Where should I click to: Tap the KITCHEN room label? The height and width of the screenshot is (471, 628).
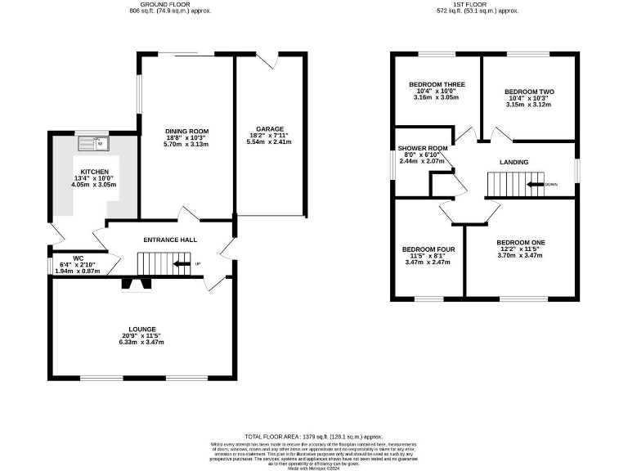(94, 172)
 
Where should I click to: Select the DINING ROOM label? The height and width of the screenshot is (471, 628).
(187, 131)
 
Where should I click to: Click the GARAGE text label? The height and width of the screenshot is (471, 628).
(269, 129)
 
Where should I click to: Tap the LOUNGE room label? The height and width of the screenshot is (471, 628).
(141, 329)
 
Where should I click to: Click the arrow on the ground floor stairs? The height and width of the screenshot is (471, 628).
(180, 263)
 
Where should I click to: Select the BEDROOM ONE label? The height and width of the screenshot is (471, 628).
(520, 243)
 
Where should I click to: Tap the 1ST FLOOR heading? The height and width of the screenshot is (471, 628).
(477, 4)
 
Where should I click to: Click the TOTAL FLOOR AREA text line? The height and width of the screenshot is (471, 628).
(313, 437)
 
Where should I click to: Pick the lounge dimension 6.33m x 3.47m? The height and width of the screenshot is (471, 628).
(141, 342)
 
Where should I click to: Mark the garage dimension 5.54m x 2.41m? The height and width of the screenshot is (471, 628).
(269, 142)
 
